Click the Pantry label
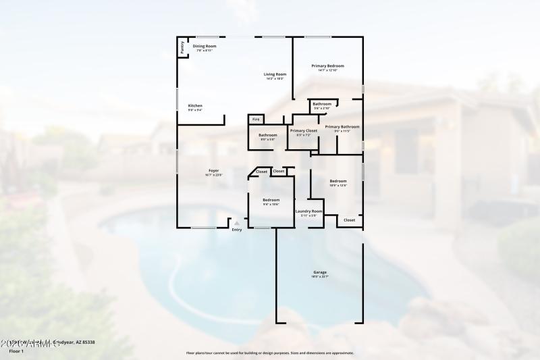point(182,48)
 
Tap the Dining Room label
point(205,46)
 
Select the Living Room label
point(275,74)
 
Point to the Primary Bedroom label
point(327,66)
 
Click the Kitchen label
point(195,105)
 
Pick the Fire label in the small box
point(256,120)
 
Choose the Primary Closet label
point(303,130)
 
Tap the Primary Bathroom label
point(342,126)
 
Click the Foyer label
point(213,171)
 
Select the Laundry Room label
point(308,211)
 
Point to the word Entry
point(236,230)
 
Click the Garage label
point(319,272)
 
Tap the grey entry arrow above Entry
point(236,223)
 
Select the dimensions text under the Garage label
point(319,277)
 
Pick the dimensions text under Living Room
point(275,79)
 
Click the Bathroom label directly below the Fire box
point(267,135)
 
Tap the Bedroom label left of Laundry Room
point(271,200)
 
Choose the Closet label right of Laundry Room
point(349,220)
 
